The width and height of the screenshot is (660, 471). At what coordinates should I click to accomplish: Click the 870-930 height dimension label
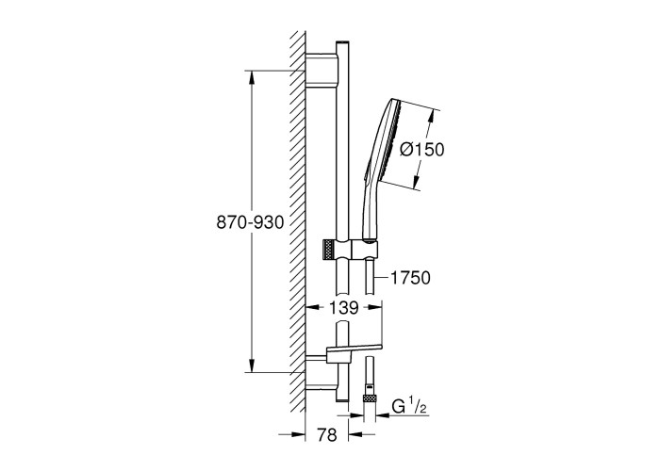pos(250,222)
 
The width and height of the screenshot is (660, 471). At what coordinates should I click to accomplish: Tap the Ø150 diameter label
pos(421,149)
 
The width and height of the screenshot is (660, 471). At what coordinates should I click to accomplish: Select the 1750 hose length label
pos(410,278)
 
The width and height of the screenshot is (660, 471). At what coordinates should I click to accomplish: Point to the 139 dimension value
pos(343,308)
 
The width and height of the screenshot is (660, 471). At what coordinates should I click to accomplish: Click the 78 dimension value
pos(327,435)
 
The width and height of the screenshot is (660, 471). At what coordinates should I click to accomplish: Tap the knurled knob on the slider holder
pos(329,252)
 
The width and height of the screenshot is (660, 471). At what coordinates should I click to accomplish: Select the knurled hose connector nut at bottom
pos(370,399)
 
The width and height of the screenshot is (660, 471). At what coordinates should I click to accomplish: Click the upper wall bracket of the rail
pos(322,70)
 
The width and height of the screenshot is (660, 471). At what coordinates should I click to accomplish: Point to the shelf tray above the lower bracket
pos(354,348)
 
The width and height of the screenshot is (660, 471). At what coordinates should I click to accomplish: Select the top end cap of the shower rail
pos(343,43)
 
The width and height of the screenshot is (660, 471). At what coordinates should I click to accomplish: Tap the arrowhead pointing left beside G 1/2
pos(381,415)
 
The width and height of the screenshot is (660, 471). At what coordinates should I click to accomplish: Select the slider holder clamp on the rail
pos(356,252)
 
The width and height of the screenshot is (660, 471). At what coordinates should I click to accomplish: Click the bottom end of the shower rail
pos(342,399)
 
